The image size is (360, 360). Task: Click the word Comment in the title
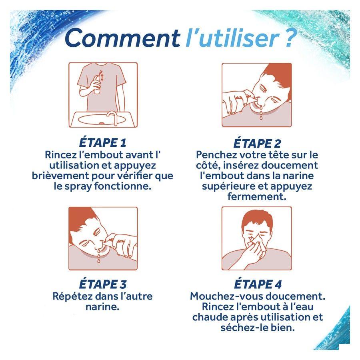click(122, 38)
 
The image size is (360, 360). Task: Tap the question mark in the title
click(289, 38)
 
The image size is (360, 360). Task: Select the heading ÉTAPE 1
click(103, 142)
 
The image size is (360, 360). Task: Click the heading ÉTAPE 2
click(257, 143)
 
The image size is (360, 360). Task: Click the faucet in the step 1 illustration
click(113, 118)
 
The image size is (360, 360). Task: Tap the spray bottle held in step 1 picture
click(98, 83)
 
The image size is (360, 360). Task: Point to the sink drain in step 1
click(101, 123)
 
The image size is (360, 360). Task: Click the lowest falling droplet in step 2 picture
click(261, 118)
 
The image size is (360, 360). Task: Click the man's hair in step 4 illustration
click(257, 218)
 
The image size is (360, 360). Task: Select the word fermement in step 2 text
click(257, 196)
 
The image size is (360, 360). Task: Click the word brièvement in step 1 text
click(60, 176)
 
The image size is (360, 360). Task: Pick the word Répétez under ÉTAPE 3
click(72, 296)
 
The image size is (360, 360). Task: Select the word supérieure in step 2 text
click(228, 186)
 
